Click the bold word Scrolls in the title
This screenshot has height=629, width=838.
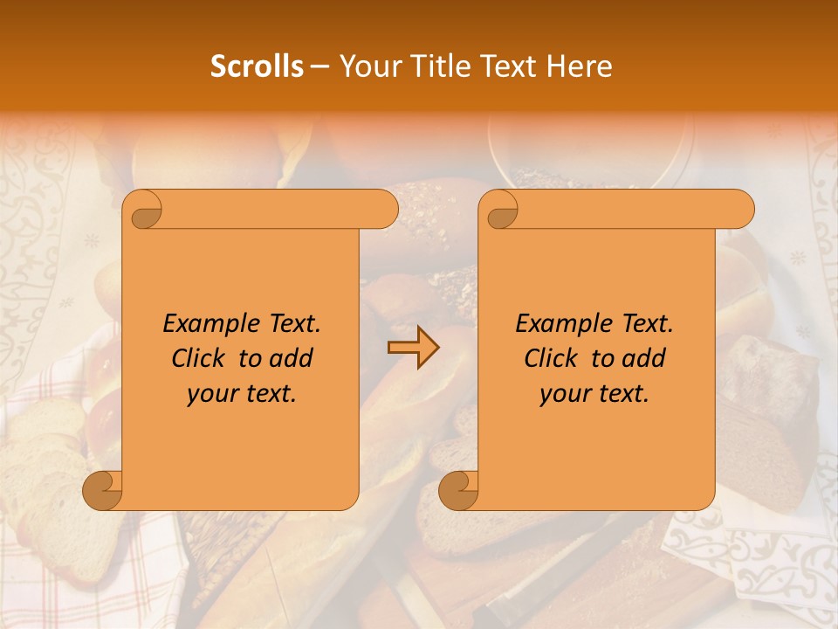point(257,66)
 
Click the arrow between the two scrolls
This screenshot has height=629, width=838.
point(413,349)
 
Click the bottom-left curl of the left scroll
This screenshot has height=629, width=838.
point(103,491)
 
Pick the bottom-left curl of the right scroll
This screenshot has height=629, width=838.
point(458,491)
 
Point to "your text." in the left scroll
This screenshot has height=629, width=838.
point(242,393)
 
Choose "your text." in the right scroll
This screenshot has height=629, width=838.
point(594,393)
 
